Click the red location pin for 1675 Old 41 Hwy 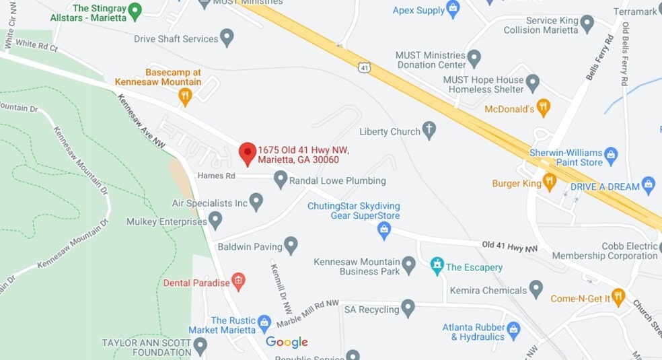pyautogui.click(x=248, y=153)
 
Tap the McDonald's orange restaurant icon pyautogui.click(x=544, y=107)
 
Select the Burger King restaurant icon pyautogui.click(x=550, y=180)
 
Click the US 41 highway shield pyautogui.click(x=363, y=67)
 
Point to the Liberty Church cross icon pyautogui.click(x=429, y=130)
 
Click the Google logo pyautogui.click(x=287, y=342)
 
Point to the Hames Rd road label pyautogui.click(x=216, y=176)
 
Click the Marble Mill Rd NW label pyautogui.click(x=307, y=313)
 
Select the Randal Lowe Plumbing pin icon pyautogui.click(x=281, y=179)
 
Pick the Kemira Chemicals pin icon pyautogui.click(x=536, y=289)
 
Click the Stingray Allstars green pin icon pyautogui.click(x=135, y=11)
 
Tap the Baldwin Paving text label pyautogui.click(x=250, y=247)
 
